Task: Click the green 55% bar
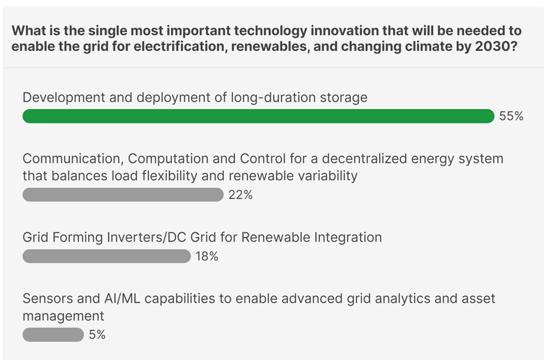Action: (x=258, y=116)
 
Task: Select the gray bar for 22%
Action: (x=122, y=195)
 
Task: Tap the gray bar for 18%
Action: (x=106, y=256)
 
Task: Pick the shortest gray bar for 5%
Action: (x=53, y=335)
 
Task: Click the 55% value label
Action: (x=511, y=117)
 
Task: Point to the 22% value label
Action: (x=240, y=195)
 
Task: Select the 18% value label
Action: (x=207, y=257)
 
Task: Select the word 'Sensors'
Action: (x=47, y=298)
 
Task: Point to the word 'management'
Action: (x=63, y=316)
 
